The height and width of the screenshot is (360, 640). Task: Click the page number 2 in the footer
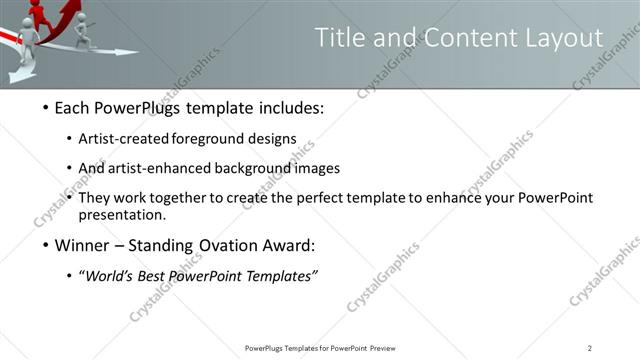click(589, 348)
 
